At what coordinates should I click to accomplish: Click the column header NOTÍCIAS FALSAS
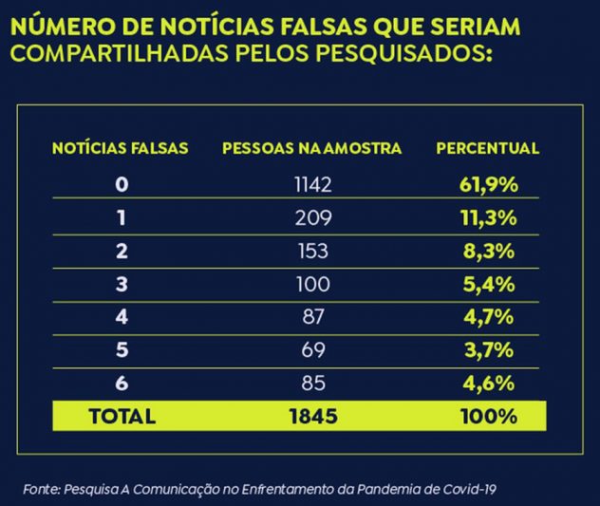click(120, 148)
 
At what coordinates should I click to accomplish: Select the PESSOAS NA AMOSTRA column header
click(311, 148)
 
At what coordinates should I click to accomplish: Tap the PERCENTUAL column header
click(488, 148)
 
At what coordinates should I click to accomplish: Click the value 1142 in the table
click(313, 183)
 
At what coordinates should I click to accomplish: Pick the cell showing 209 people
click(313, 217)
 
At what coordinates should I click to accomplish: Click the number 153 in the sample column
click(313, 251)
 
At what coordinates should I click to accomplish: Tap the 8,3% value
click(490, 251)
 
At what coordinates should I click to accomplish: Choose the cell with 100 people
click(313, 284)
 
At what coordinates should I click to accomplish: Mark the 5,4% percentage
click(490, 284)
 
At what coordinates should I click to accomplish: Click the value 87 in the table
click(313, 317)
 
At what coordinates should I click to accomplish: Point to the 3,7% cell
click(490, 350)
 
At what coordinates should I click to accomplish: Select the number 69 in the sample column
click(313, 350)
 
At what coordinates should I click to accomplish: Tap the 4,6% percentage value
click(490, 384)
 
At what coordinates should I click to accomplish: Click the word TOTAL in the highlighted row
click(122, 416)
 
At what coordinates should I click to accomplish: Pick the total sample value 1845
click(313, 416)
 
